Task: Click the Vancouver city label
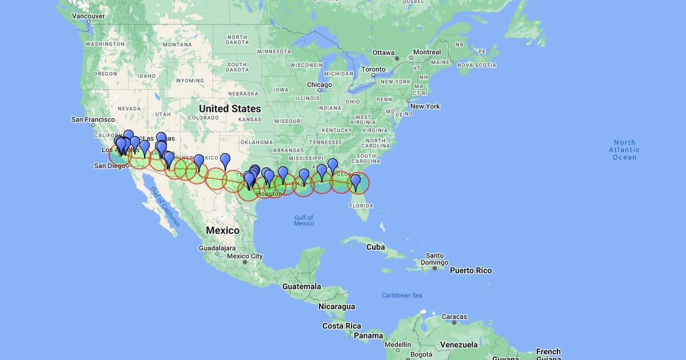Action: point(88,16)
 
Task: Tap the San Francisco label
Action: point(93,119)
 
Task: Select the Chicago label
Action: point(318,85)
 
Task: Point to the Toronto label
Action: point(374,69)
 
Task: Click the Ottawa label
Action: point(384,53)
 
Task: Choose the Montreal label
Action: point(426,52)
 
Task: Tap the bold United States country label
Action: point(230,109)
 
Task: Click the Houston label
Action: point(269,194)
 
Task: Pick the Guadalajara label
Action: point(217,249)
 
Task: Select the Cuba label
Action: point(375,247)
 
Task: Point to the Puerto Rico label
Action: point(470,270)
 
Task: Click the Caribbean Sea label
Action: point(402,295)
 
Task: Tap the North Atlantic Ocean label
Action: point(624,150)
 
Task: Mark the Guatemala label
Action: point(301,286)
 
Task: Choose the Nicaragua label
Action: point(337,307)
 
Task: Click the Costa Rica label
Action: point(341,326)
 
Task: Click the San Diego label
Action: point(109,166)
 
